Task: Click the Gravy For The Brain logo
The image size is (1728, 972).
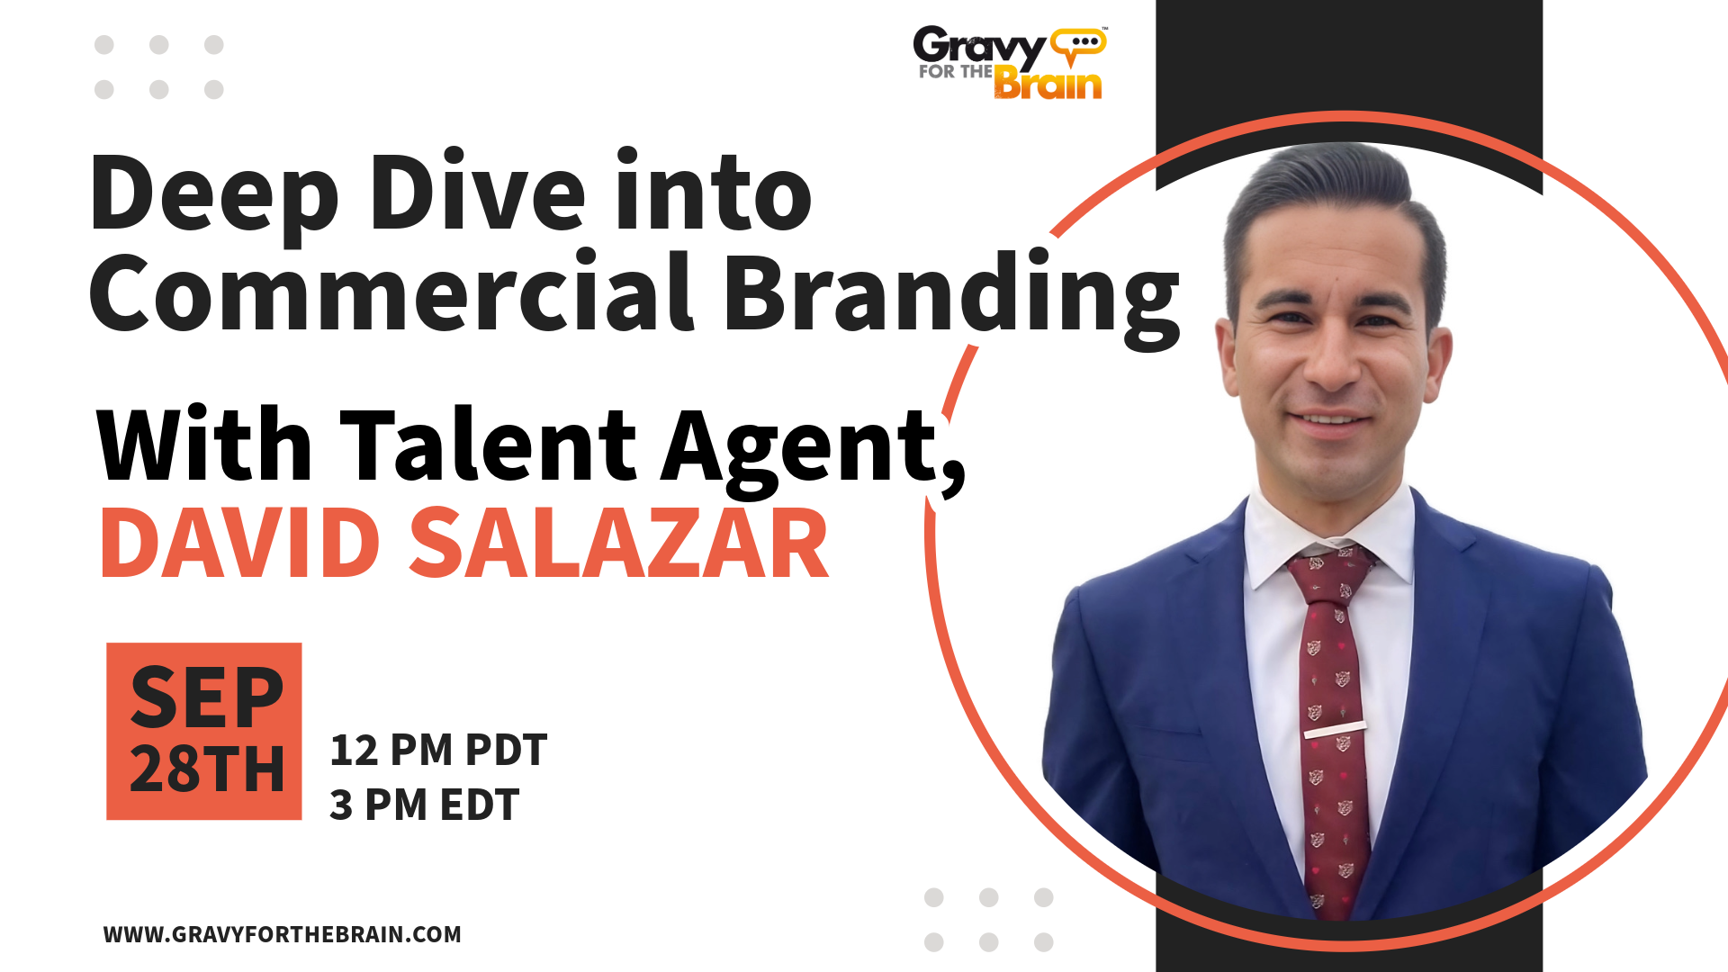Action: click(1010, 62)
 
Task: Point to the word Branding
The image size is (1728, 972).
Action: click(952, 299)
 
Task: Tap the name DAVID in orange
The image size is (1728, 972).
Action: click(240, 544)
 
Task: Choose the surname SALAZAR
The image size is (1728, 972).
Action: click(619, 544)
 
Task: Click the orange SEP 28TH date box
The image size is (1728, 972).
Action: click(204, 731)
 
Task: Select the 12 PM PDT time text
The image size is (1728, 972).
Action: click(438, 751)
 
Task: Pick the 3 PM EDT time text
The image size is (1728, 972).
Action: click(424, 805)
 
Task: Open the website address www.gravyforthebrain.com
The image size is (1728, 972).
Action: click(283, 934)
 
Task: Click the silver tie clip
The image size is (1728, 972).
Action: click(1335, 729)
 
